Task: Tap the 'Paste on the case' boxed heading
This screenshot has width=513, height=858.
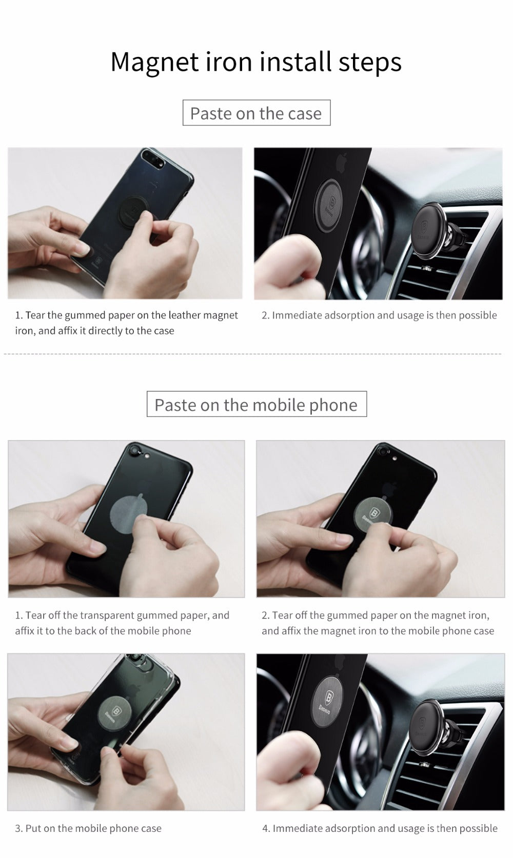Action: coord(256,113)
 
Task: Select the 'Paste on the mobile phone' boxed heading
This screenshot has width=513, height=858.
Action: coord(256,405)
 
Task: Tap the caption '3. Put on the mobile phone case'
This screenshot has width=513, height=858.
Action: coord(88,828)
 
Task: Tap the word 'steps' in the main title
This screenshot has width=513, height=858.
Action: coord(369,62)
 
